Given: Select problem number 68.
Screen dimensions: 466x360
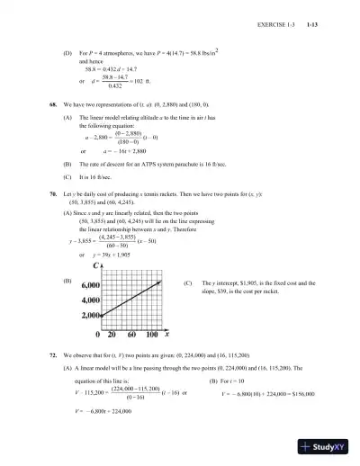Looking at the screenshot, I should tap(52, 104).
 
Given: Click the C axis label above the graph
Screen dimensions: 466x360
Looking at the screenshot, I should tap(94, 266).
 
